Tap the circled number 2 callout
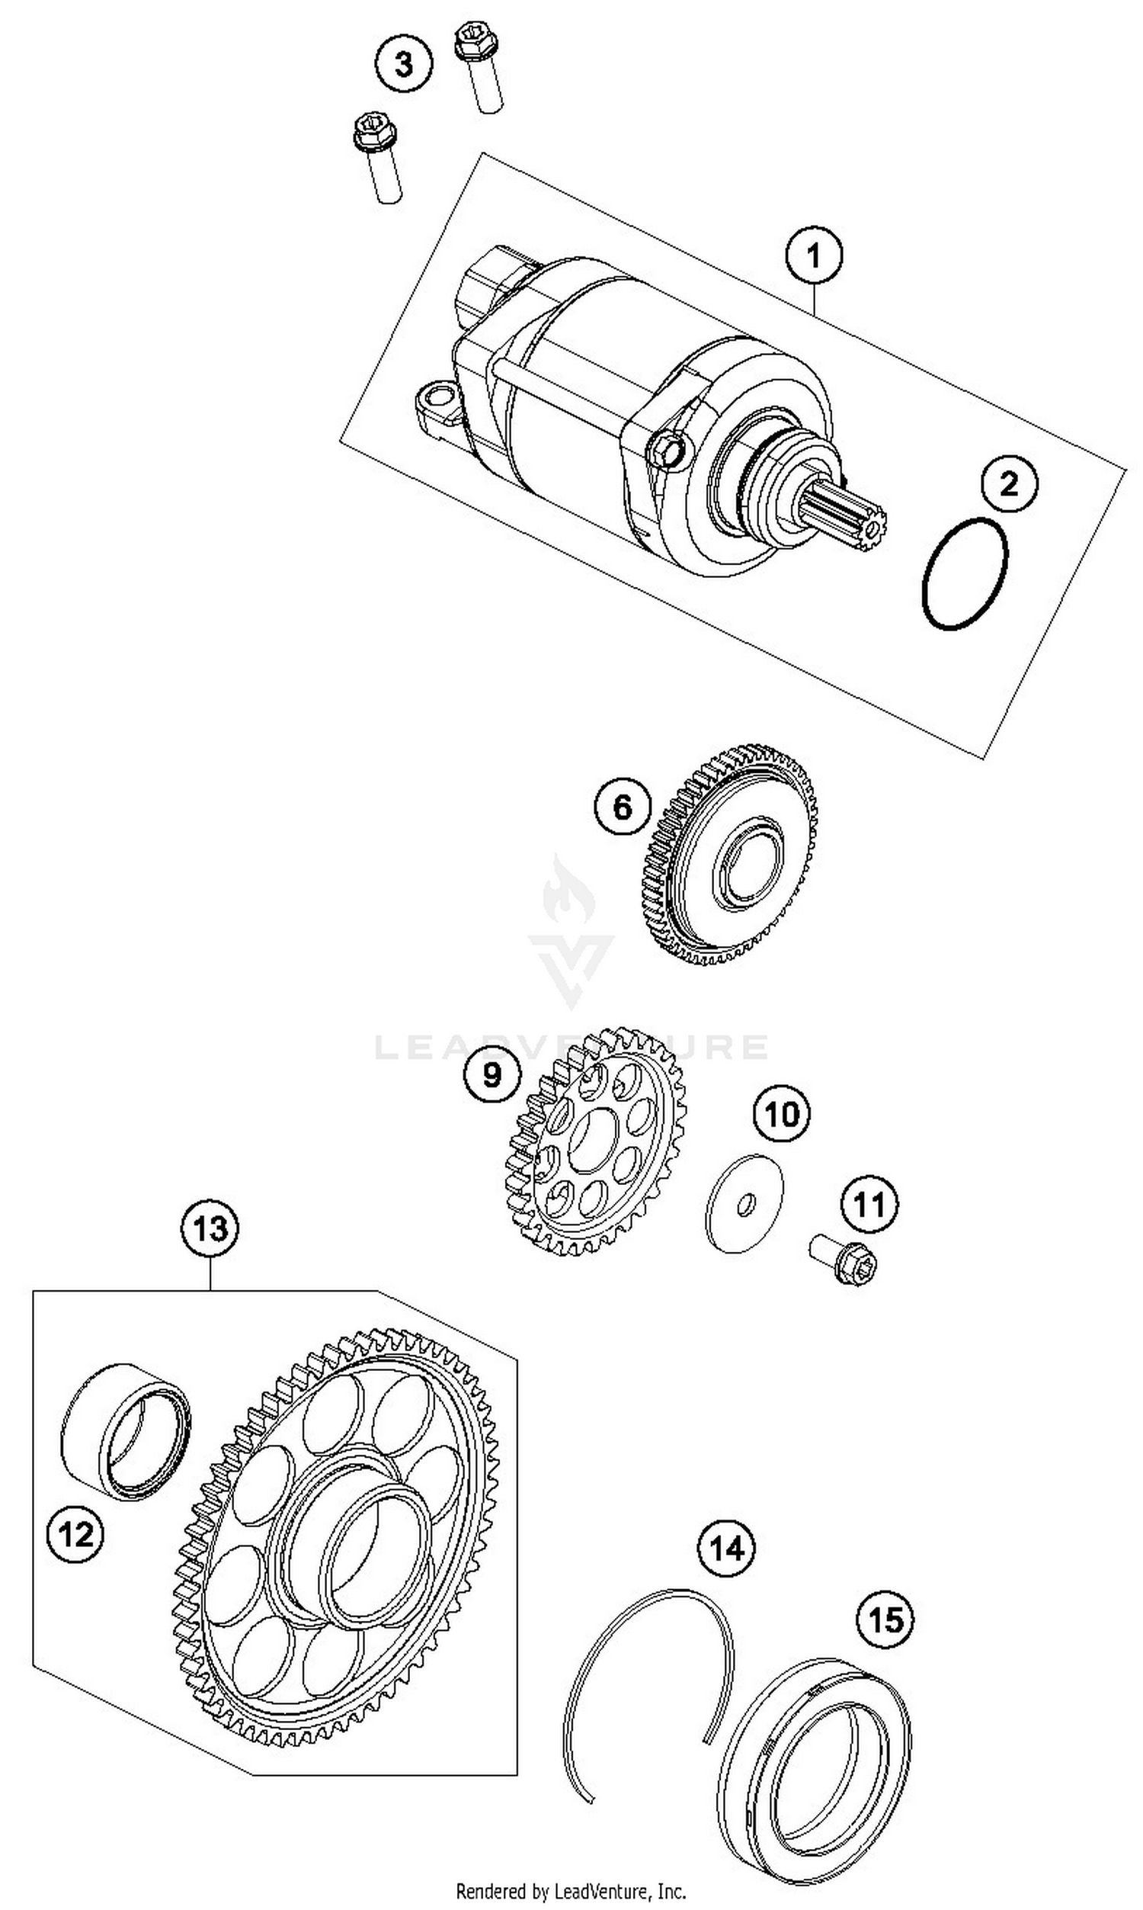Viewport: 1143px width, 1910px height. [1009, 484]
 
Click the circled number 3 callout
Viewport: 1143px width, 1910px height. [405, 64]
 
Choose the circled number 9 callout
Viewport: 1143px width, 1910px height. [492, 1074]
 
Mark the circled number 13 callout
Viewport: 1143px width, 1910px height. [210, 1228]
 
